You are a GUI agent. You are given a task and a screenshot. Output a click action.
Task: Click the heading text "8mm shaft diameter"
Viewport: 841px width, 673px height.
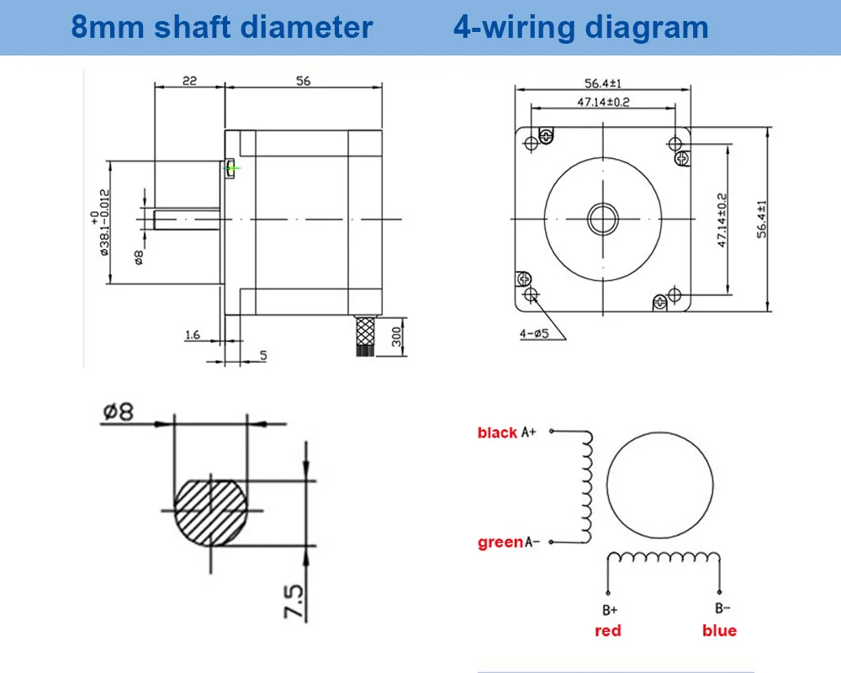(221, 27)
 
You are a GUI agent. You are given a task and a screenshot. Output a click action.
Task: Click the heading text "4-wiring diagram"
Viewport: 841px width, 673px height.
(580, 27)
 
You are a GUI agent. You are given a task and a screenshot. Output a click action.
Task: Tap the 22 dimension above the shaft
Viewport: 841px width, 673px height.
(188, 81)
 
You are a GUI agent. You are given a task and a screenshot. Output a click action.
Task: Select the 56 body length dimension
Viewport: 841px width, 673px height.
(303, 81)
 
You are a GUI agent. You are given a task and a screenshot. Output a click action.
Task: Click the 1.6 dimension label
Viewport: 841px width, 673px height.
(192, 336)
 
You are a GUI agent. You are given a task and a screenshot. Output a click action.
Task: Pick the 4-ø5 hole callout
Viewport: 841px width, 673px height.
(534, 333)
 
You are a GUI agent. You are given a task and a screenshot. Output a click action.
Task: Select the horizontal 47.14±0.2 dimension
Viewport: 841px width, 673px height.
(603, 102)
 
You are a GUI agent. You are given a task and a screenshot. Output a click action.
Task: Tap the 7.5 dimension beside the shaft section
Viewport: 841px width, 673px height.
(294, 599)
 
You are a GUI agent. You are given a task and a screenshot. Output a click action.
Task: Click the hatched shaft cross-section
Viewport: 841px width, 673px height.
(212, 511)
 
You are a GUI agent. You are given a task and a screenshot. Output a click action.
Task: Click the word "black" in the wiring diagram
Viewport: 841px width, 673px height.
(497, 432)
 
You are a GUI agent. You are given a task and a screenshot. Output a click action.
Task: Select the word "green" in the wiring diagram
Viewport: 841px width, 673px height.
(500, 543)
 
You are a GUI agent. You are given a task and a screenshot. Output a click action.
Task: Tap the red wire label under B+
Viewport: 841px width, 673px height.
(607, 631)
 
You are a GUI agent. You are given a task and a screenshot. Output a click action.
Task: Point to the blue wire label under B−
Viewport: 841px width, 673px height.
(719, 631)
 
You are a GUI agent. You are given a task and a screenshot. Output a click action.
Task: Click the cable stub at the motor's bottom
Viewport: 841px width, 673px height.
(365, 336)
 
